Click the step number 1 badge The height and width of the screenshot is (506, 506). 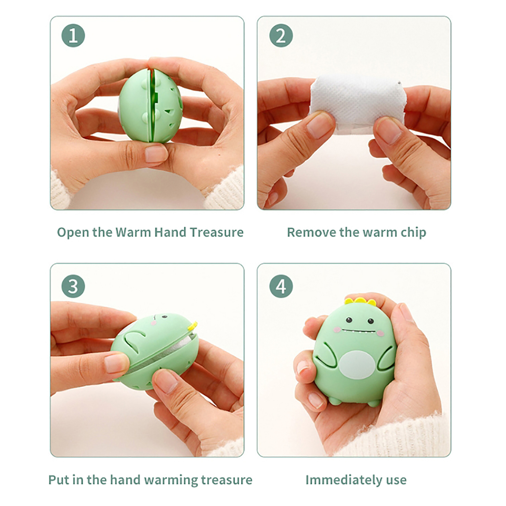(73, 35)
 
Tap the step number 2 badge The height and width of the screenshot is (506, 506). (281, 35)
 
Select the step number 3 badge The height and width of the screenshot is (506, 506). (73, 286)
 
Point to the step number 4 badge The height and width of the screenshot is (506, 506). (281, 286)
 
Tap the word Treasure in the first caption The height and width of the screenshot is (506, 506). (217, 232)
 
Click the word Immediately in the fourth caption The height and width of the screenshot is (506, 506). (344, 480)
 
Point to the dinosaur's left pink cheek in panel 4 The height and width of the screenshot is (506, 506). (338, 330)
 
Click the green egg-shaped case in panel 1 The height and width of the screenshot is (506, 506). (150, 106)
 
